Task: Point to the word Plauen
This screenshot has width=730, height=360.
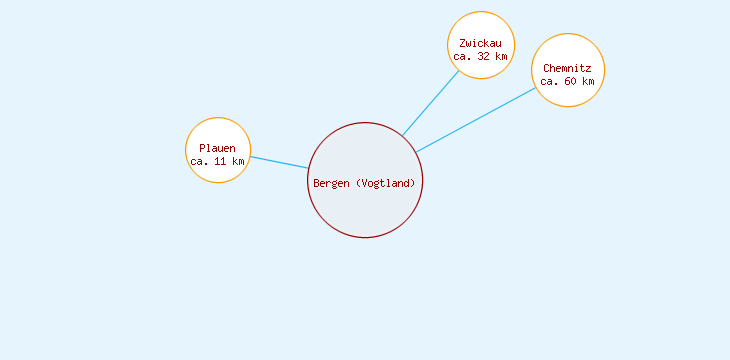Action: (x=217, y=148)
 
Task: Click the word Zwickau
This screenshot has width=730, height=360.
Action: (x=480, y=44)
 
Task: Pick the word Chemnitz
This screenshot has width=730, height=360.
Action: (x=567, y=68)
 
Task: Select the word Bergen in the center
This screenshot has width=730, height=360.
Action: (x=332, y=183)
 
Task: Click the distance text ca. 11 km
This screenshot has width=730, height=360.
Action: (x=217, y=161)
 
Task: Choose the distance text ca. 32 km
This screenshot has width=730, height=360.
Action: (x=480, y=57)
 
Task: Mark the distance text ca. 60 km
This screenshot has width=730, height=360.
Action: (x=567, y=81)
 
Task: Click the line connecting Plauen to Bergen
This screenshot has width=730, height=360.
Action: (x=279, y=162)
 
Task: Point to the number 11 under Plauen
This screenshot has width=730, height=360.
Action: (x=220, y=161)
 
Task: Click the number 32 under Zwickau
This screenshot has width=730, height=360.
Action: (x=483, y=57)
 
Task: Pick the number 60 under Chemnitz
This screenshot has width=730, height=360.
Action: (x=570, y=81)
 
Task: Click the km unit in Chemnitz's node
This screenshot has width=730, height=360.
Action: (x=588, y=81)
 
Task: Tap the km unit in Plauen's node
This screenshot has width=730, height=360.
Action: (x=238, y=161)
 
